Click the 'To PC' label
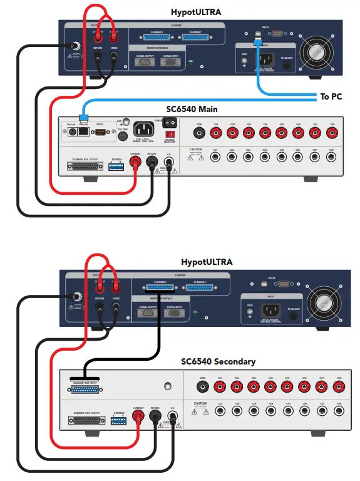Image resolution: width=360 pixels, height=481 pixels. (x=331, y=96)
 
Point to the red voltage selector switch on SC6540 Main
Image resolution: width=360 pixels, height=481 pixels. (x=168, y=134)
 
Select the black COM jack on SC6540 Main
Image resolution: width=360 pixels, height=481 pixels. (x=200, y=133)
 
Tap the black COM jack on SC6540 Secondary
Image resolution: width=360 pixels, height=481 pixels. (x=202, y=387)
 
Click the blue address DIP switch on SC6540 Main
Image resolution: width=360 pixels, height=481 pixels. (x=116, y=166)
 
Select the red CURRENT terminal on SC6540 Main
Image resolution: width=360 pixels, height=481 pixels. (x=135, y=163)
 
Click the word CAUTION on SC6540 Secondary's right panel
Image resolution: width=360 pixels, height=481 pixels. (x=200, y=404)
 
